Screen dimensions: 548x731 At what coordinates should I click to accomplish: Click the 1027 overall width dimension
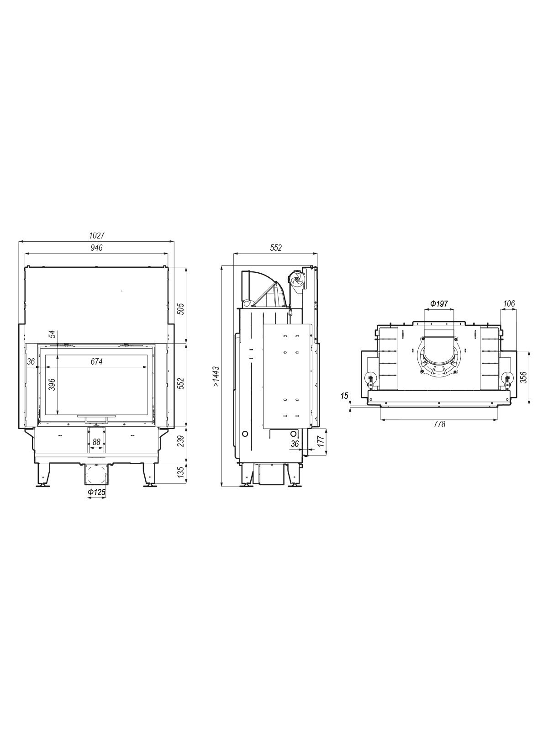pyautogui.click(x=97, y=235)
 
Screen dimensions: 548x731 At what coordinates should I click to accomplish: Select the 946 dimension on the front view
pyautogui.click(x=96, y=248)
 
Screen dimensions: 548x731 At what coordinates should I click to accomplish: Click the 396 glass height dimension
pyautogui.click(x=52, y=384)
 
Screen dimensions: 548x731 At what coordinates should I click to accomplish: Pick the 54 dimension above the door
pyautogui.click(x=52, y=334)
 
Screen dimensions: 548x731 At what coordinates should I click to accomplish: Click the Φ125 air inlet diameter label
pyautogui.click(x=96, y=491)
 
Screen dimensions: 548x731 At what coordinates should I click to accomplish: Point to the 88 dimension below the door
pyautogui.click(x=96, y=442)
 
